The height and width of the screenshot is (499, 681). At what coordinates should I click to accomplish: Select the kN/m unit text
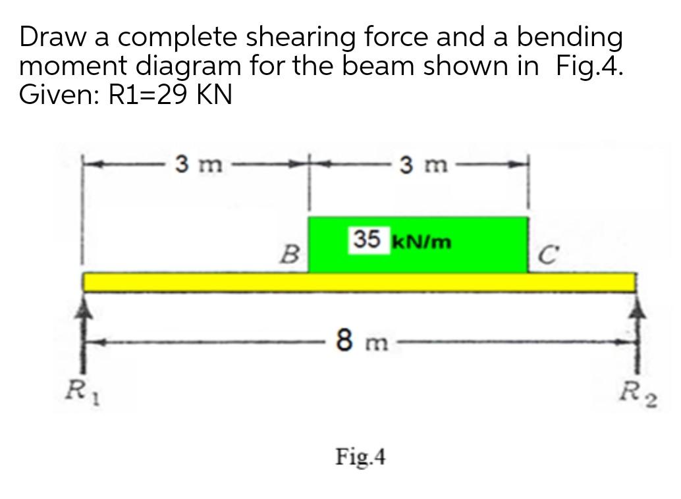click(422, 242)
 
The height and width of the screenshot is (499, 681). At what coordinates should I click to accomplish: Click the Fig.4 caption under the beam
click(361, 455)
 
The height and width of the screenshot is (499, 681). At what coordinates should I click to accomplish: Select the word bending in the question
click(569, 38)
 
